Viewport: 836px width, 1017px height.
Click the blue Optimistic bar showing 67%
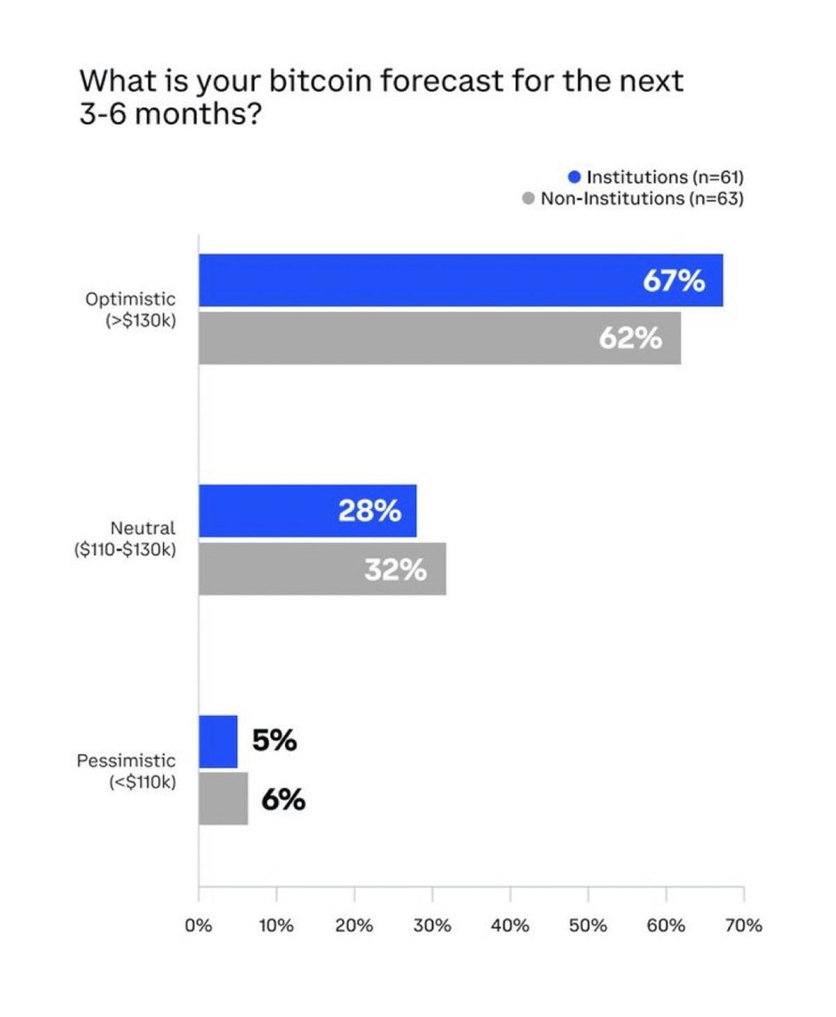[x=460, y=280]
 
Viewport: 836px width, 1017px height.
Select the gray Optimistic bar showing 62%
[x=439, y=338]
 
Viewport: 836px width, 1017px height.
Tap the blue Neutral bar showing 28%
[x=307, y=511]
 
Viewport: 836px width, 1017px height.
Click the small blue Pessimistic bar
[x=218, y=741]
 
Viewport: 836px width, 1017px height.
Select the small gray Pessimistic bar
[x=223, y=799]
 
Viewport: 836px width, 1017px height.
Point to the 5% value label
[x=274, y=740]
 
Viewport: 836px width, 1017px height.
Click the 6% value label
[x=284, y=800]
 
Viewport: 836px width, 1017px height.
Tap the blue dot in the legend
[x=574, y=177]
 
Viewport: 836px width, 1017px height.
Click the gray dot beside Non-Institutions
[x=528, y=199]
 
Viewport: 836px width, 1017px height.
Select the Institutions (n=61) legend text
[x=665, y=177]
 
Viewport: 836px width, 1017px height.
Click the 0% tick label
[x=199, y=926]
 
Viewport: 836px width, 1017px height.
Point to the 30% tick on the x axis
[x=432, y=926]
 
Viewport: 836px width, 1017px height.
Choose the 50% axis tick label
[x=588, y=926]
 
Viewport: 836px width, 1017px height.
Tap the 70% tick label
[x=743, y=926]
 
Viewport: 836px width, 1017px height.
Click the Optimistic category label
[x=130, y=299]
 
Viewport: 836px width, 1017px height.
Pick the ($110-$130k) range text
[x=125, y=550]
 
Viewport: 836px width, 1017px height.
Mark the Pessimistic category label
[x=126, y=760]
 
